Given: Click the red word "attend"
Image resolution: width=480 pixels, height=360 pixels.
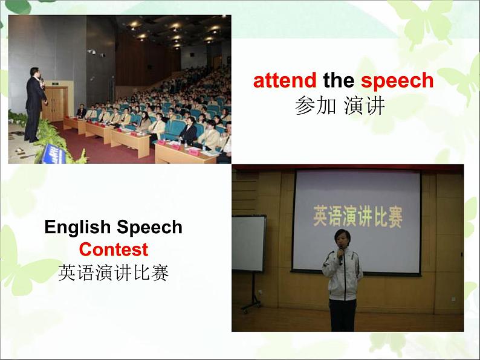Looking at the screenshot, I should coord(284,80).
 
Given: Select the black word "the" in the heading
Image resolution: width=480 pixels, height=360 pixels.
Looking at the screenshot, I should coord(338,80).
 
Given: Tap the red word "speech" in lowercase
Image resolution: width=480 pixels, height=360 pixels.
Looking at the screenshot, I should coord(397,80).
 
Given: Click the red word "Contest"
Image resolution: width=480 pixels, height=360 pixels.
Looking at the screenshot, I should coord(113,249).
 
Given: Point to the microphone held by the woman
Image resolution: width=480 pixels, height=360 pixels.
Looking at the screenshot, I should coord(340,257).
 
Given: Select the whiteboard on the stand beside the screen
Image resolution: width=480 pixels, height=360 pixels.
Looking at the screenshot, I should coord(248,243).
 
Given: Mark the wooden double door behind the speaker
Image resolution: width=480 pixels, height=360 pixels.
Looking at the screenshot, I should coord(55,103).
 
